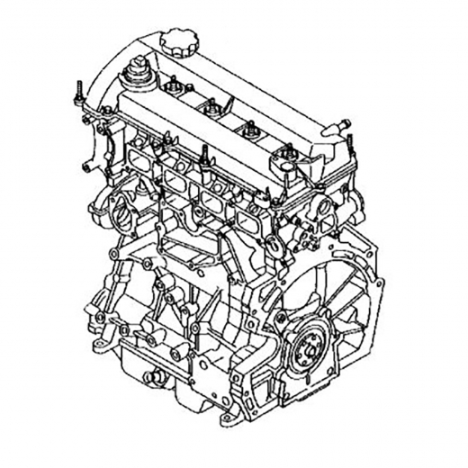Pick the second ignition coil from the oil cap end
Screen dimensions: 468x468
[x=211, y=110]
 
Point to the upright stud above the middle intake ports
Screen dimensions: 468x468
[x=204, y=155]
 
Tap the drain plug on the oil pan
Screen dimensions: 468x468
[x=147, y=373]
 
